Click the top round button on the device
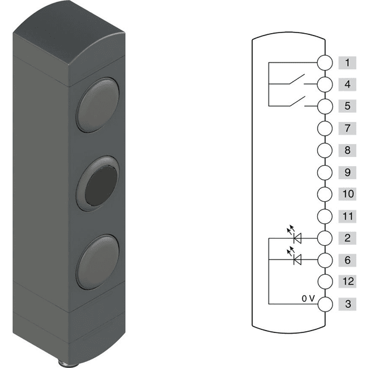[x=98, y=105]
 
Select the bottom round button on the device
[x=98, y=262]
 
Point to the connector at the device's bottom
[x=64, y=363]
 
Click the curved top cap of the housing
[x=69, y=33]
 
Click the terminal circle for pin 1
[x=325, y=63]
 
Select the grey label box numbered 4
[x=347, y=84]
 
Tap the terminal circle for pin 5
[x=325, y=106]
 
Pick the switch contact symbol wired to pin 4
[x=297, y=79]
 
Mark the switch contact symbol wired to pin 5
[x=297, y=101]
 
